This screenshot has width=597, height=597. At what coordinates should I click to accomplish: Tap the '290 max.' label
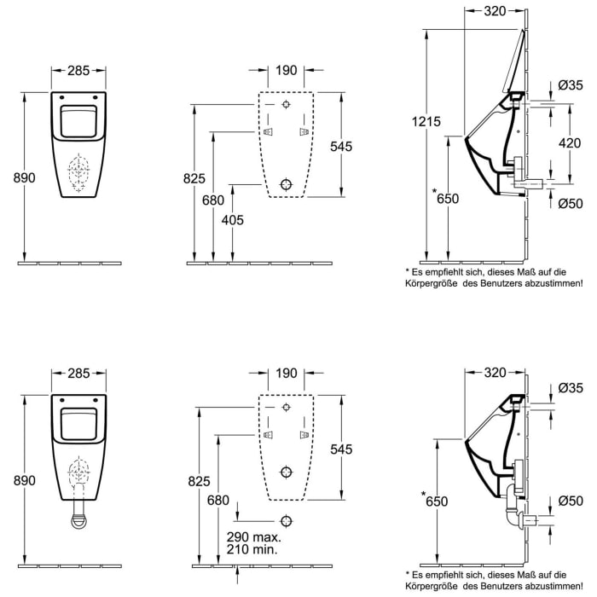point(253,539)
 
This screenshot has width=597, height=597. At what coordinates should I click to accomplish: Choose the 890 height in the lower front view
point(23,481)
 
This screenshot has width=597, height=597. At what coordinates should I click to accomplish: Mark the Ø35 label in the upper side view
point(570,84)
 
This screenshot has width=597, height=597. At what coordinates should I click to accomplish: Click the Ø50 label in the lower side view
point(570,499)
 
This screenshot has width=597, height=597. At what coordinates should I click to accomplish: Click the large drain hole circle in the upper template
point(287,183)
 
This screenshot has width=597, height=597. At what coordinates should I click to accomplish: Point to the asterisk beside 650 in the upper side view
point(435,192)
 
